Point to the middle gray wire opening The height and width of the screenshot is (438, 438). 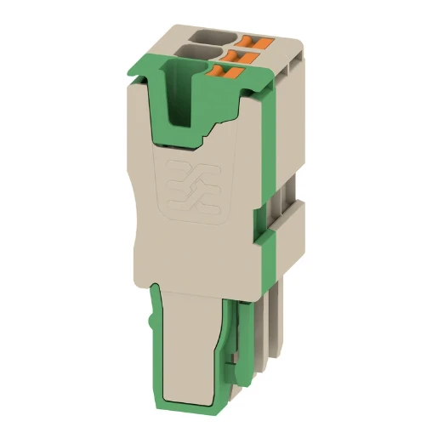pos(201,54)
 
